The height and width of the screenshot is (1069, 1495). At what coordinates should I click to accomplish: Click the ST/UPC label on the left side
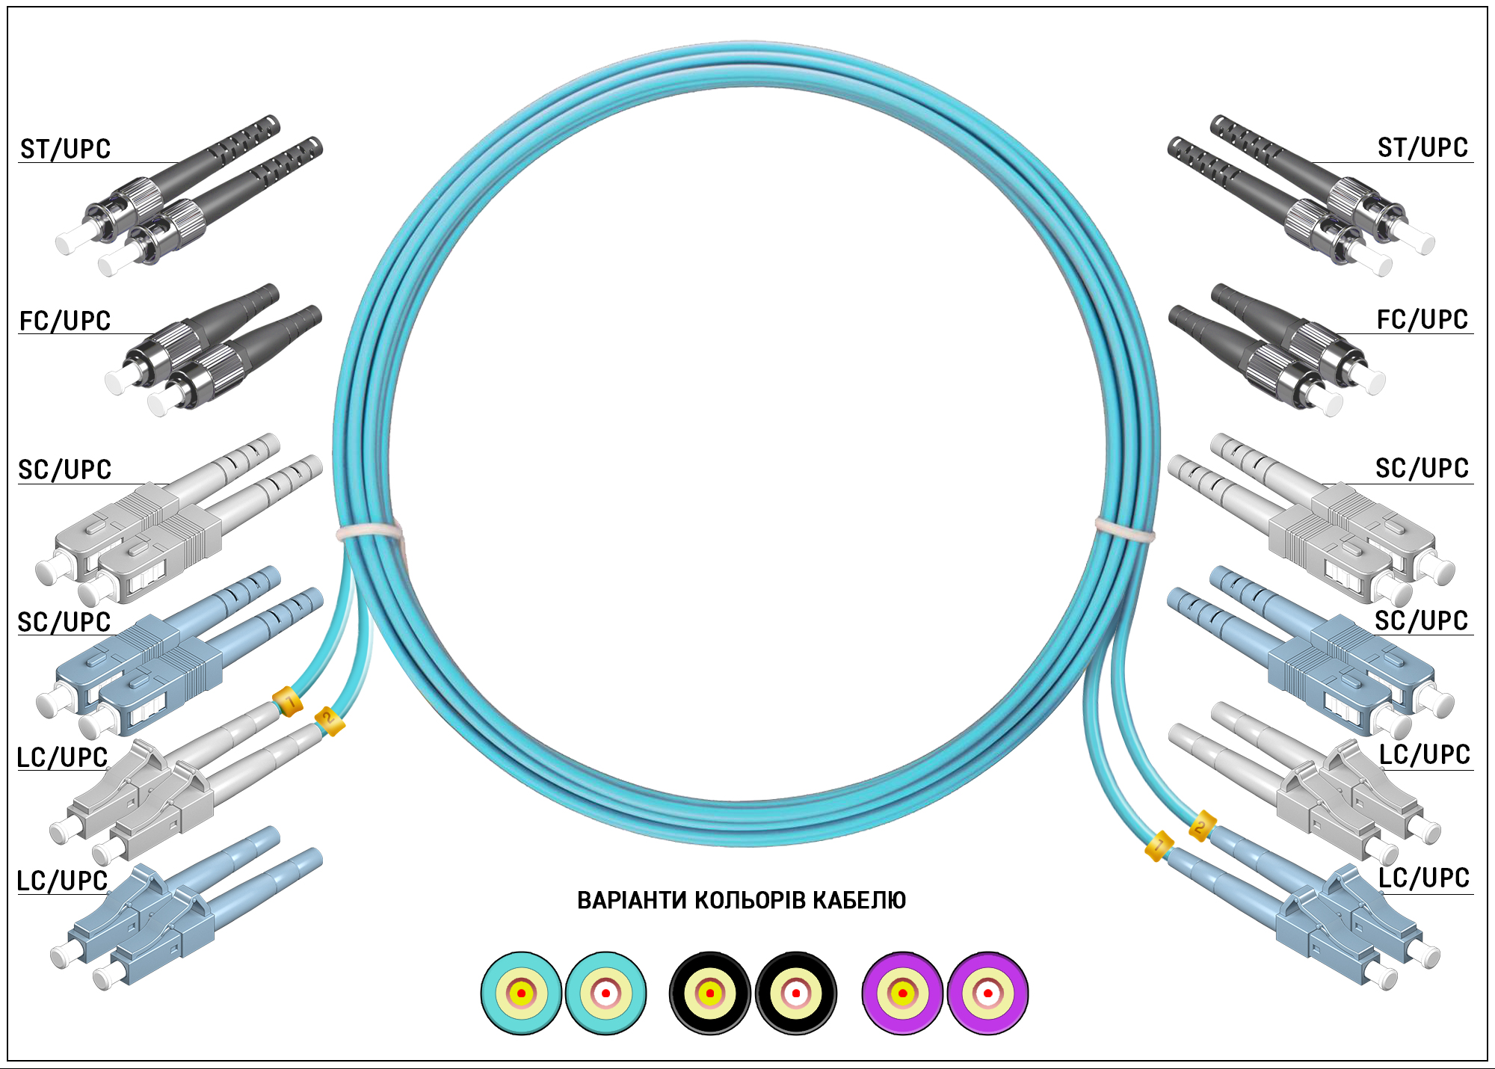tap(65, 150)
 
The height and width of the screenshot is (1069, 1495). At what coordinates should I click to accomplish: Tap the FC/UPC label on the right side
tap(1422, 320)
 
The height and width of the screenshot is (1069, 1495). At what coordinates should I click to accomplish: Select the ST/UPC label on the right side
tap(1422, 148)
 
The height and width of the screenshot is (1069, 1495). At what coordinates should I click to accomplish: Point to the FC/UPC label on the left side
tap(65, 321)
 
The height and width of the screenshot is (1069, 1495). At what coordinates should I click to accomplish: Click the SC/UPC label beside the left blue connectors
tap(64, 622)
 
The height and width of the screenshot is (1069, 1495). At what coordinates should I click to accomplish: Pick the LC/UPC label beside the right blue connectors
tap(1424, 878)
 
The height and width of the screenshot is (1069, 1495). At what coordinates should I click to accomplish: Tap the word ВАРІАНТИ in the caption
tap(632, 900)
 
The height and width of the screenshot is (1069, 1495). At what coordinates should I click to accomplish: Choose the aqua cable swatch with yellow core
tap(521, 993)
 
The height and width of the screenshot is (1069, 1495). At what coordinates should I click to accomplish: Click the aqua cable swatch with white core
tap(605, 993)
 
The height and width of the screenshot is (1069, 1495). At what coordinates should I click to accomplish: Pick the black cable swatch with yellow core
tap(710, 993)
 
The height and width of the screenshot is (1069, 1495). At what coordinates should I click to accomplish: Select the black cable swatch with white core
tap(796, 993)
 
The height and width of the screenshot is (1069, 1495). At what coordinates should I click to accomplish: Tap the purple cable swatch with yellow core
tap(902, 993)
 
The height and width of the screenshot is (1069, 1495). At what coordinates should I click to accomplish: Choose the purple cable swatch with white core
tap(987, 993)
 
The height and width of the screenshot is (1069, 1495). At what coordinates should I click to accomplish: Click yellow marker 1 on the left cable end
tap(288, 702)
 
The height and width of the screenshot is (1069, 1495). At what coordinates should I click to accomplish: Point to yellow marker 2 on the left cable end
tap(329, 721)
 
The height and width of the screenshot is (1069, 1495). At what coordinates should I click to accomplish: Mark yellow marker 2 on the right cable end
tap(1202, 826)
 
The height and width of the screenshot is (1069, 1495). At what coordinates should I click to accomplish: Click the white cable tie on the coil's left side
tap(370, 532)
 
